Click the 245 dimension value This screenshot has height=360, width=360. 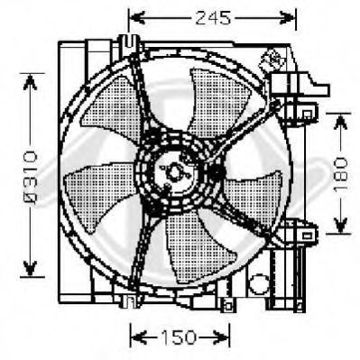click(213, 18)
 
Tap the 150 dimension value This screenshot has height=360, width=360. click(179, 337)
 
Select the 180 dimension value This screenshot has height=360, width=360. click(340, 174)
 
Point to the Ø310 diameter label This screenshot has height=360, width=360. click(30, 174)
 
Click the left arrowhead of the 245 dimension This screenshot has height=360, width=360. click(137, 18)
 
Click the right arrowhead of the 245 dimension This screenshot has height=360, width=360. click(287, 18)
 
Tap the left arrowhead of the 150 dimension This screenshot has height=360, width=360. click(139, 337)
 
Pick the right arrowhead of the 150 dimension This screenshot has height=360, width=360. click(221, 337)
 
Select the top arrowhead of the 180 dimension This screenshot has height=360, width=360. click(340, 122)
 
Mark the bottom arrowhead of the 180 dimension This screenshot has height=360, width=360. click(340, 226)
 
